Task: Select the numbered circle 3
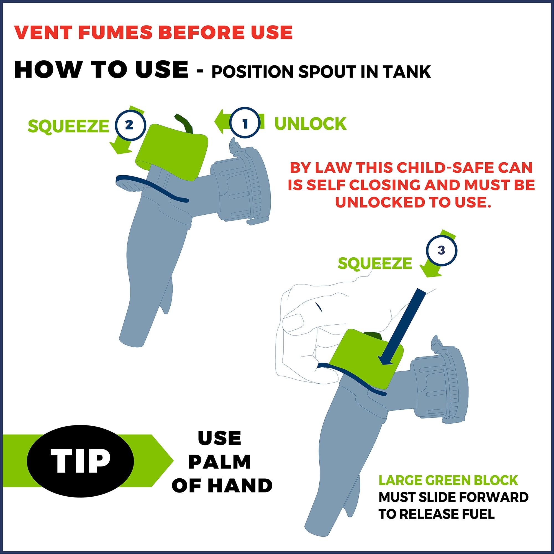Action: pyautogui.click(x=441, y=250)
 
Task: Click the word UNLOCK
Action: pyautogui.click(x=311, y=124)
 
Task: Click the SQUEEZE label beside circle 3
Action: pyautogui.click(x=375, y=263)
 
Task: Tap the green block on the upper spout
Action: pyautogui.click(x=171, y=152)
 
